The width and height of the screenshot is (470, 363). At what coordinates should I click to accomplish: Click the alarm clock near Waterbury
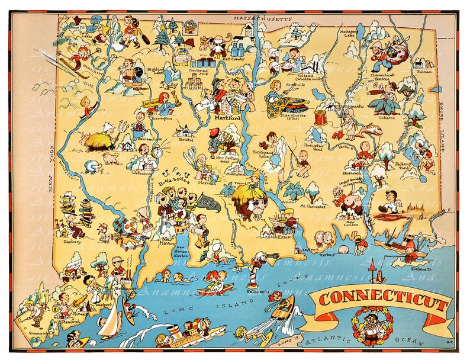(x=156, y=152)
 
